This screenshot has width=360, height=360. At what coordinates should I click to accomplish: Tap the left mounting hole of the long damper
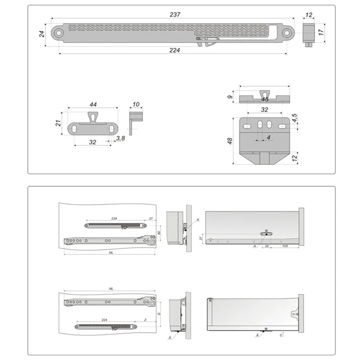click(58, 32)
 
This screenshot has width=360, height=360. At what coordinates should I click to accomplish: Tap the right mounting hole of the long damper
click(287, 32)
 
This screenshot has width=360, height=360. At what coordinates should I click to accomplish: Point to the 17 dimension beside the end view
click(321, 32)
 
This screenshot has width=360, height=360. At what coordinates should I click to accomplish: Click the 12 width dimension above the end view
click(308, 15)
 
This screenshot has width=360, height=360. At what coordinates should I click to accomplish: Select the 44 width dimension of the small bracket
click(93, 104)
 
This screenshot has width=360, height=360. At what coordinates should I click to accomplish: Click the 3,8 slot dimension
click(120, 139)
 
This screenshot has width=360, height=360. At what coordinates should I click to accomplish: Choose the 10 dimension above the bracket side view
click(136, 104)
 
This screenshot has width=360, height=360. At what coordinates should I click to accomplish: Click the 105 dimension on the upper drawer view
click(284, 247)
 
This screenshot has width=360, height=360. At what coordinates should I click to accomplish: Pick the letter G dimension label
click(159, 313)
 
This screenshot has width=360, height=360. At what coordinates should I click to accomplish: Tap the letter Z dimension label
click(145, 319)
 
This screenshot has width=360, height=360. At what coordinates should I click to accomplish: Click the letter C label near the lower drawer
click(281, 335)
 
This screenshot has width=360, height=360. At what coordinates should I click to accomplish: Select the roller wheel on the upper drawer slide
click(153, 242)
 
